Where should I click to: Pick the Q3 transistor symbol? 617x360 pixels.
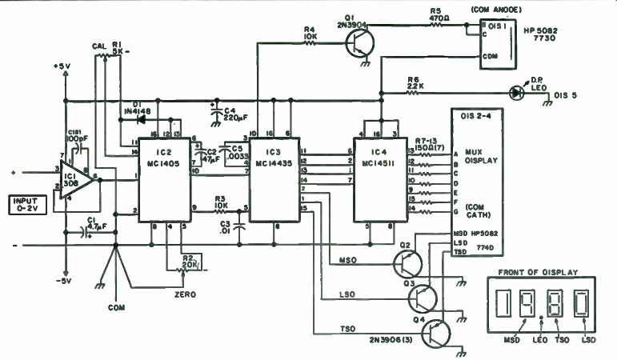tap(423, 298)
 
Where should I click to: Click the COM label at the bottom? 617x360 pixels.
tap(117, 306)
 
